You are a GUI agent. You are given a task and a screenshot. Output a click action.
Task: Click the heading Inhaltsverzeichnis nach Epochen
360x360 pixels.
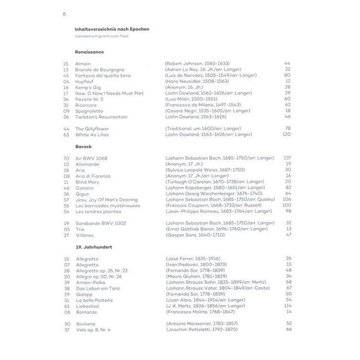point(112,29)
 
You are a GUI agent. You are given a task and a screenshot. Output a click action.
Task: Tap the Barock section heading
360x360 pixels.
point(83,147)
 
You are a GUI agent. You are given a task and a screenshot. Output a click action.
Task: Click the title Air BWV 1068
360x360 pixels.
point(92,158)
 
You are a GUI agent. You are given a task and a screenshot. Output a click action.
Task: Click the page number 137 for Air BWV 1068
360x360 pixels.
point(287,158)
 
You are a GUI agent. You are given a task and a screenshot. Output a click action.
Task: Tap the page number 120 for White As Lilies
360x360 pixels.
point(287,134)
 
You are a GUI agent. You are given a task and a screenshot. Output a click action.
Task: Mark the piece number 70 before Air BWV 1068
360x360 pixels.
point(66,158)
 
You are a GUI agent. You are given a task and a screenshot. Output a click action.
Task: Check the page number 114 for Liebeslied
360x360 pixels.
point(287,305)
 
